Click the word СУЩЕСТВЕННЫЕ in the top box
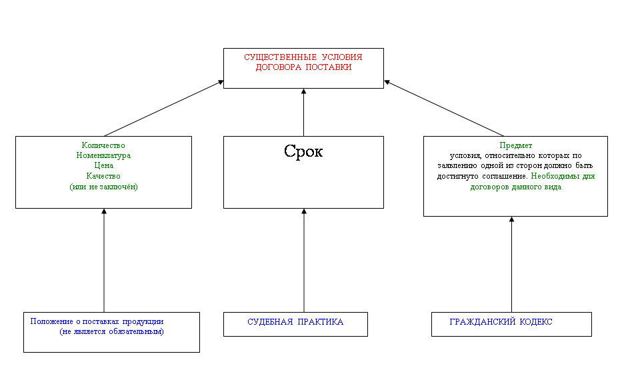(x=274, y=57)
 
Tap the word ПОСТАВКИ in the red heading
(x=327, y=67)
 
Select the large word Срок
(x=303, y=151)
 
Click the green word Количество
(x=103, y=145)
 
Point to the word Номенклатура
(x=103, y=155)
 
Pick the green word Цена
(x=103, y=166)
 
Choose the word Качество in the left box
(x=103, y=176)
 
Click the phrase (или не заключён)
(x=103, y=187)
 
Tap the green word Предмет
(x=515, y=145)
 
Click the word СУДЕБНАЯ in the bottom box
(x=270, y=322)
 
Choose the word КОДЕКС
(x=534, y=322)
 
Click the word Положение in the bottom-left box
(x=51, y=321)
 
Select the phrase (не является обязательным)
(x=111, y=331)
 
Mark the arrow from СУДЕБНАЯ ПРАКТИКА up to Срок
(x=303, y=260)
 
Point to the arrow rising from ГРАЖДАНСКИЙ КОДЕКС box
(x=511, y=264)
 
